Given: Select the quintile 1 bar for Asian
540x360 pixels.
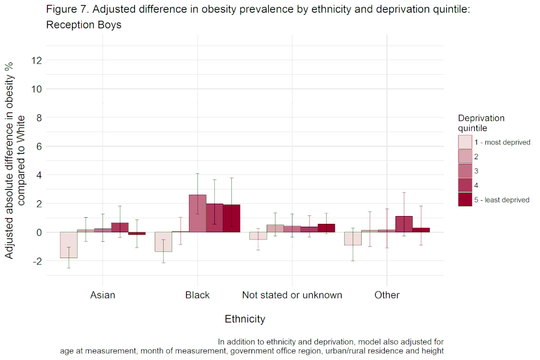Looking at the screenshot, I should pyautogui.click(x=69, y=245).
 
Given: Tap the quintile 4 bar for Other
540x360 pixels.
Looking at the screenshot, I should pyautogui.click(x=404, y=224).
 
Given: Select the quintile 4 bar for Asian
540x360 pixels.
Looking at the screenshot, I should pyautogui.click(x=119, y=227).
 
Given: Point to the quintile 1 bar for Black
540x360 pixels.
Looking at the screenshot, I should pyautogui.click(x=163, y=242).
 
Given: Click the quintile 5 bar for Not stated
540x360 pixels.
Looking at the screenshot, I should pyautogui.click(x=326, y=228).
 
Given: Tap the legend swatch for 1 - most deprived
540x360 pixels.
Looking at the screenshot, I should pyautogui.click(x=465, y=142).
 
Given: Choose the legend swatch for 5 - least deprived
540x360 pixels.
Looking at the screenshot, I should pyautogui.click(x=465, y=200).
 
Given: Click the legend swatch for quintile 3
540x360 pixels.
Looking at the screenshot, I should pyautogui.click(x=465, y=171).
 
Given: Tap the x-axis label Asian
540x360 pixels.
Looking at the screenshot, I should pyautogui.click(x=102, y=295).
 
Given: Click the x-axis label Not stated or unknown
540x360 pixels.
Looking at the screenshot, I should pyautogui.click(x=292, y=295).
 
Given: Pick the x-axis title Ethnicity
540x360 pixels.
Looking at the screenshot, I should pyautogui.click(x=245, y=319).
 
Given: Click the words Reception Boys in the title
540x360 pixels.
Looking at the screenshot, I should pyautogui.click(x=83, y=25).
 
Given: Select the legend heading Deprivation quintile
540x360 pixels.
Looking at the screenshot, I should pyautogui.click(x=481, y=123).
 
